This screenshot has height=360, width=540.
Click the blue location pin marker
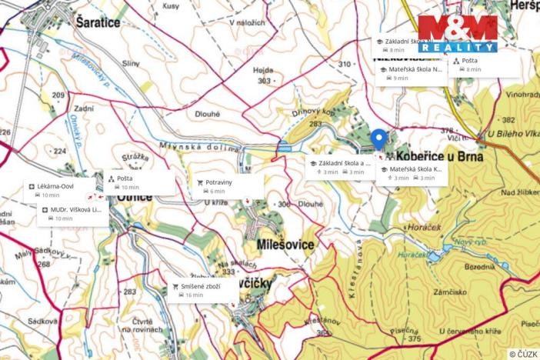click(378, 139)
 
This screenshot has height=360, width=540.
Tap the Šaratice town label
click(99, 23)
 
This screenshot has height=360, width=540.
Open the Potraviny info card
click(229, 186)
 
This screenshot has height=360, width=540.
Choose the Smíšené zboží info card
click(204, 290)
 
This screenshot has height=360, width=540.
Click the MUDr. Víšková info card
click(71, 214)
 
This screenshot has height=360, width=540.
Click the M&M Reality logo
click(458, 34)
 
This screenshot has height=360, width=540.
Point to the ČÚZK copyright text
click(523, 354)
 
